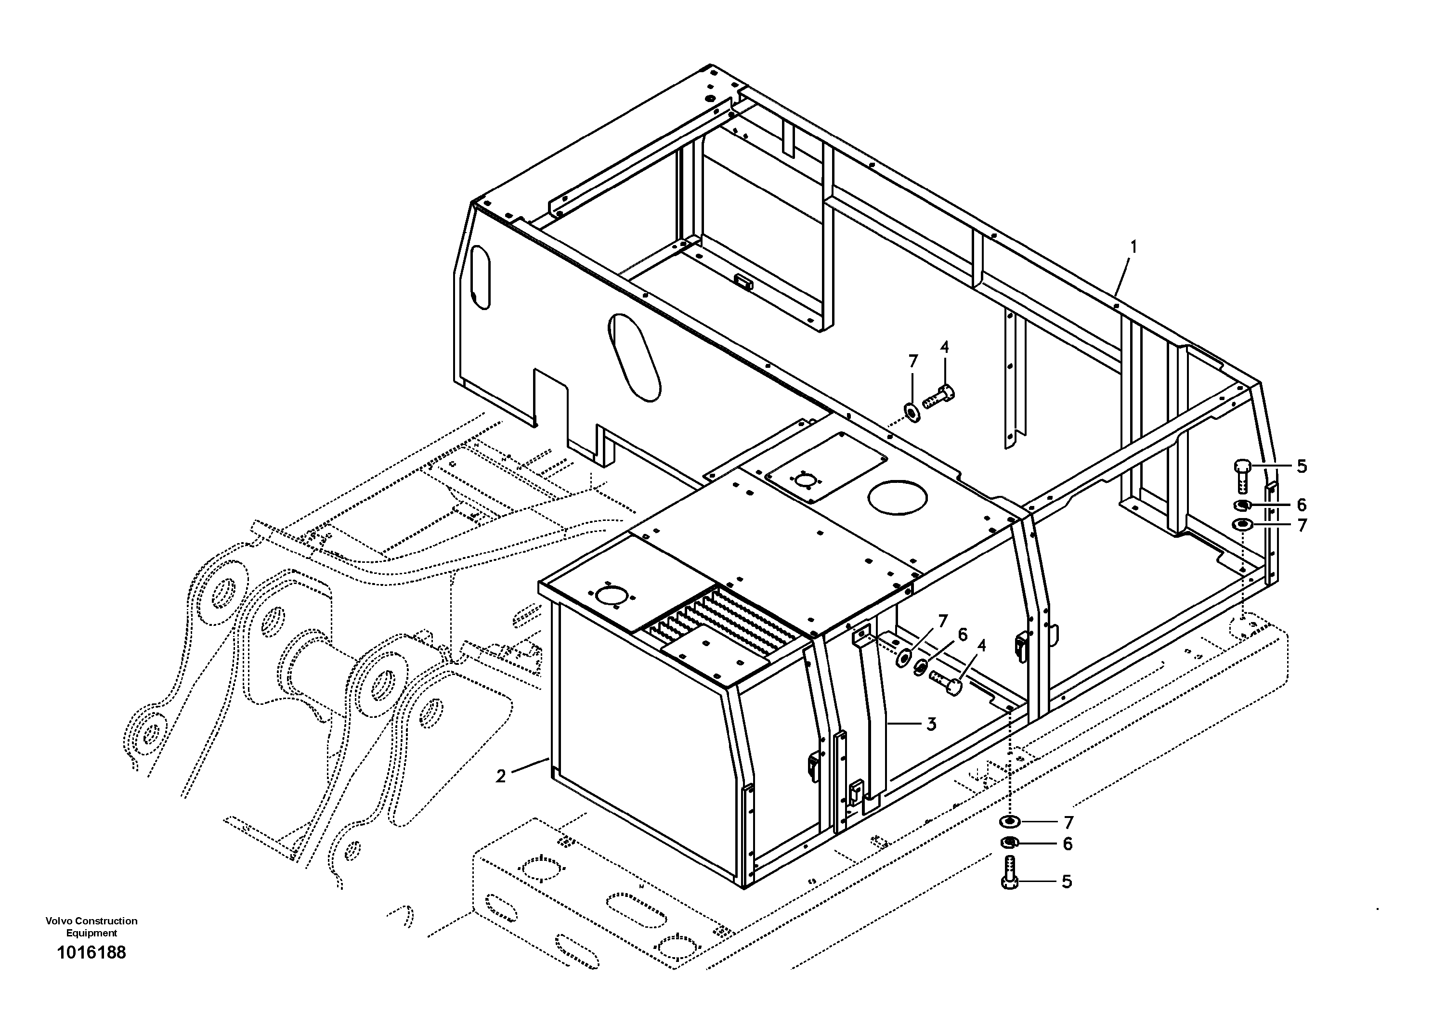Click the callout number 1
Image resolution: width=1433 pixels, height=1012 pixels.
[1133, 247]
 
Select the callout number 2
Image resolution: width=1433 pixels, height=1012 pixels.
[501, 776]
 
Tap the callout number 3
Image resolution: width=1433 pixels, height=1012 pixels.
[931, 725]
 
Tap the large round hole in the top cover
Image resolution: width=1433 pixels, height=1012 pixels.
[898, 497]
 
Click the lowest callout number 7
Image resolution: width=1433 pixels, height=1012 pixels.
[1068, 822]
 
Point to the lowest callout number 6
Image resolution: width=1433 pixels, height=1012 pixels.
[1068, 844]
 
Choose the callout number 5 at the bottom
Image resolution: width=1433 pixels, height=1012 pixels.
[1067, 882]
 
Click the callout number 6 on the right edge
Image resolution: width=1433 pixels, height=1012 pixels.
[1302, 504]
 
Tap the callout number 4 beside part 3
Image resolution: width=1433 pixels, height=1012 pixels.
[982, 647]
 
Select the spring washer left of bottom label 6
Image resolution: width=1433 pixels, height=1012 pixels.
[1010, 843]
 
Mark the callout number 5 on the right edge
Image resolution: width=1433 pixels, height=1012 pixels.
[1302, 466]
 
